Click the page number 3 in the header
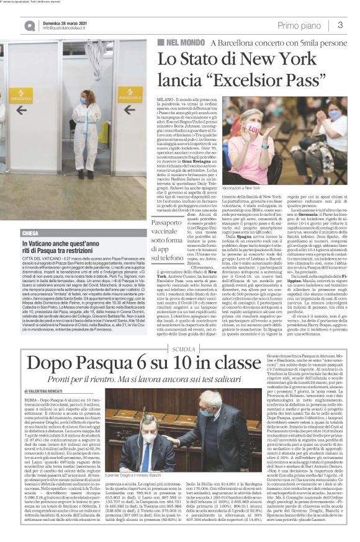tap(340, 25)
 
